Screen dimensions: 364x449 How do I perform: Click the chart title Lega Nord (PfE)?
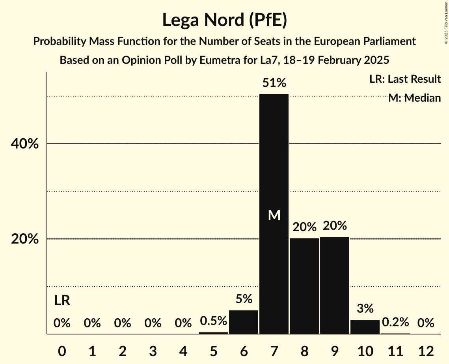(x=224, y=20)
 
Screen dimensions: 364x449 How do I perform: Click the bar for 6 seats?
(x=244, y=322)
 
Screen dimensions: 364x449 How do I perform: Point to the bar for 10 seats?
(x=365, y=327)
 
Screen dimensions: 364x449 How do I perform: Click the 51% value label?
(x=274, y=83)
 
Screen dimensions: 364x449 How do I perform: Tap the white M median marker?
(x=274, y=215)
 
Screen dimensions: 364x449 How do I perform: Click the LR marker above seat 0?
(x=62, y=301)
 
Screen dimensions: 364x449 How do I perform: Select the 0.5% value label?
(x=213, y=321)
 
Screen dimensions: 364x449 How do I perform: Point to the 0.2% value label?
(x=395, y=323)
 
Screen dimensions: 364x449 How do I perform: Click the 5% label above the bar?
(x=244, y=299)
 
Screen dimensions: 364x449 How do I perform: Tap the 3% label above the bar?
(x=365, y=308)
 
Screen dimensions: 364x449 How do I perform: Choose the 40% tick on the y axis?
(x=25, y=144)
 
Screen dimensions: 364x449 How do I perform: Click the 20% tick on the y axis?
(x=25, y=239)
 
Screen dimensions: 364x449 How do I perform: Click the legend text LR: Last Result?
(x=405, y=79)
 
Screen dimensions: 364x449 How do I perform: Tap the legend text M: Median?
(x=414, y=98)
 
